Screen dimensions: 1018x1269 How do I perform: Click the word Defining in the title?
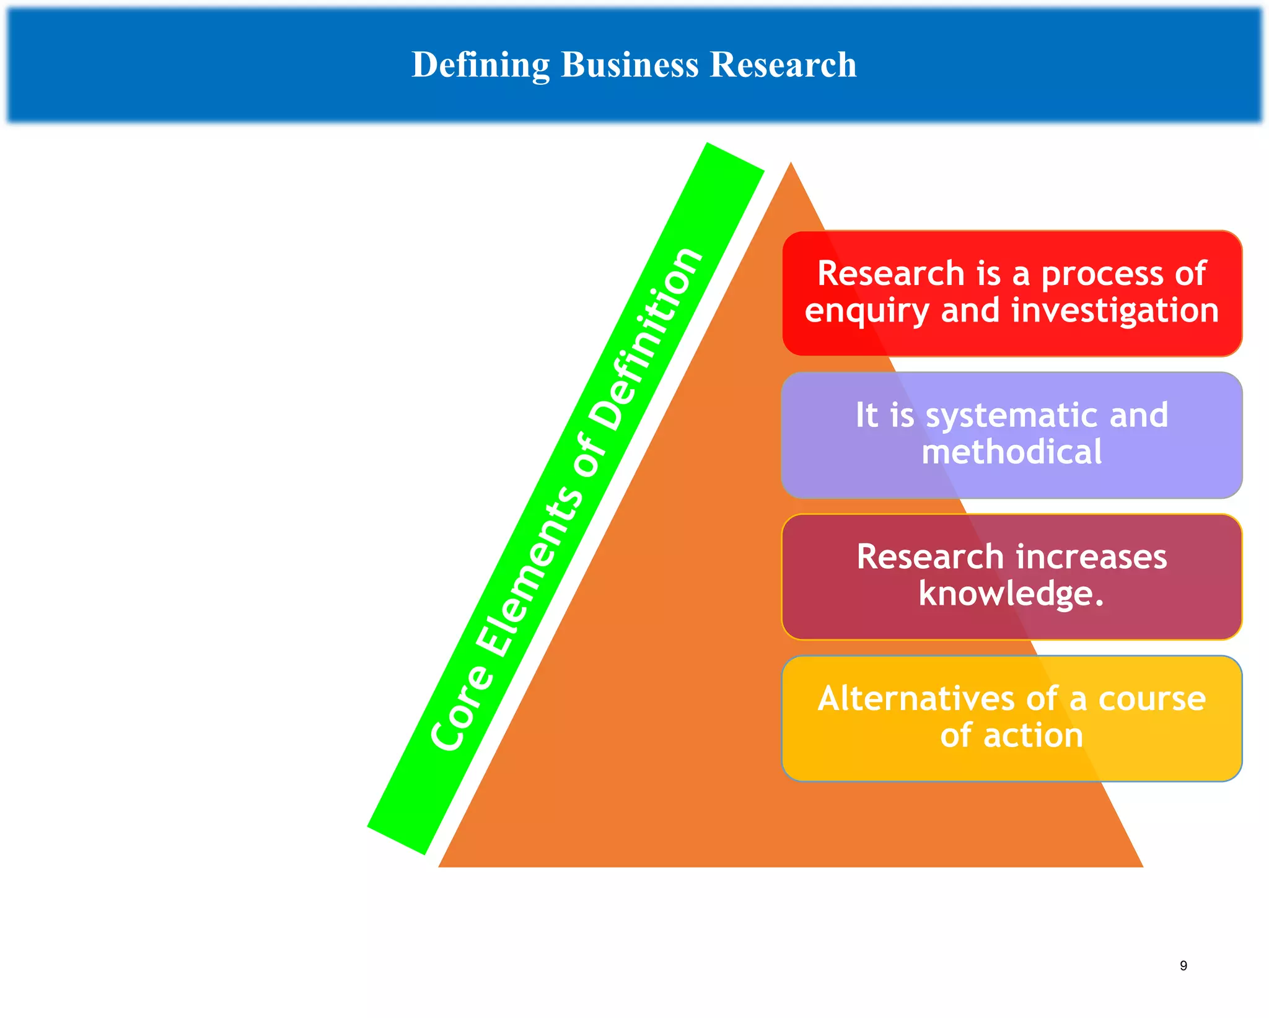480,65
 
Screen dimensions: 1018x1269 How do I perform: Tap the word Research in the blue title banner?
783,64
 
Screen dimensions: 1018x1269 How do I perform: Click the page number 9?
1183,965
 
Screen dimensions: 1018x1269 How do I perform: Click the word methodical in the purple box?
1012,452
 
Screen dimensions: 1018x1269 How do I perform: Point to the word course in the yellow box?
1152,698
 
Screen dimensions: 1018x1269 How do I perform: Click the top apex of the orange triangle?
791,165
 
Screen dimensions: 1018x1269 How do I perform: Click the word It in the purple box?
867,415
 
